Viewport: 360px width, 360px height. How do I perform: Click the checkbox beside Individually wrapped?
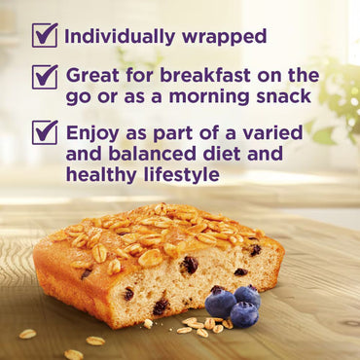pos(45,35)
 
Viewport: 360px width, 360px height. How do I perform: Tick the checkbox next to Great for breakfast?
pos(45,75)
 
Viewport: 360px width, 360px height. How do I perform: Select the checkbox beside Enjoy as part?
pos(45,132)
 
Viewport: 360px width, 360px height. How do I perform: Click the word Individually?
pos(117,37)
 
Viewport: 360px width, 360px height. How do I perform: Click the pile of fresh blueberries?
pos(233,306)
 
